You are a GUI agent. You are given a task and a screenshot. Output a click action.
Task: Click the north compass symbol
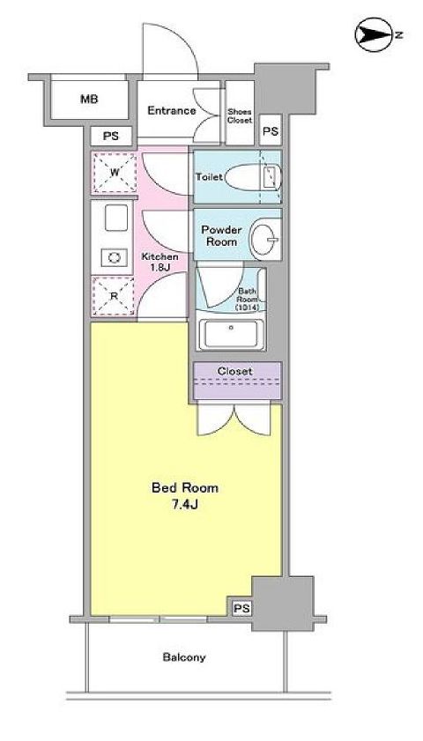point(371,35)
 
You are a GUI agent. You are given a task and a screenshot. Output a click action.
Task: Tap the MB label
point(89,100)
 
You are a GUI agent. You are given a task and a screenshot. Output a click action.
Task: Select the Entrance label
point(171,110)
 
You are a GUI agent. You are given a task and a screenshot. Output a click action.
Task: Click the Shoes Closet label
point(240,115)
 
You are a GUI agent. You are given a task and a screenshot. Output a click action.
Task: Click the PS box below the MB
point(111,137)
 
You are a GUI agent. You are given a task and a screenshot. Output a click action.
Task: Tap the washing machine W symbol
point(114,173)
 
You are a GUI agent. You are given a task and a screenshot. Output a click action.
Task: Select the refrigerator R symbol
point(114,296)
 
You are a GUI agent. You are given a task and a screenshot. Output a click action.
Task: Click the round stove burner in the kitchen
point(115,256)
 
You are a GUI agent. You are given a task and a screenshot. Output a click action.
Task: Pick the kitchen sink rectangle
point(115,219)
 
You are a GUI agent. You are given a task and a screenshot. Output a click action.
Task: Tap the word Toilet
point(209,176)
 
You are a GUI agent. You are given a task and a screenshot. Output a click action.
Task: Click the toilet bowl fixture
point(251,177)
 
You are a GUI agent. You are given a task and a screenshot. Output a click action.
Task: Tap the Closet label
point(237,372)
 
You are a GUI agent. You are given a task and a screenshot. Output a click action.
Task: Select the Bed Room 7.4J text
point(185,495)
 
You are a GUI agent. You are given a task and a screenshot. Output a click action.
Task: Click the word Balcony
point(184,657)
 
